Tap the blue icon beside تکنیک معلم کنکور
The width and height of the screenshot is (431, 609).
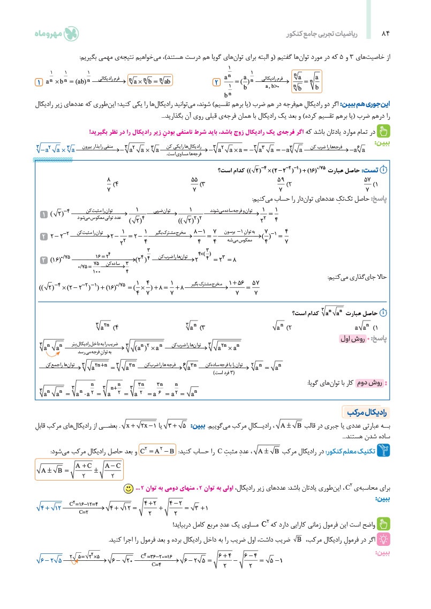pos(383,452)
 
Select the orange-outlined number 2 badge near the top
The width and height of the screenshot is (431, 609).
pos(216,82)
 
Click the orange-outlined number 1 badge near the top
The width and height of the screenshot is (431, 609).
pos(39,82)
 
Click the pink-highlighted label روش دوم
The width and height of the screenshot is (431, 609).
pos(366,383)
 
